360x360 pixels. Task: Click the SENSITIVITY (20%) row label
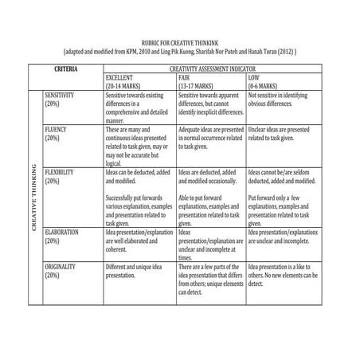pyautogui.click(x=63, y=99)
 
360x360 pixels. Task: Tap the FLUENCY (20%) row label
pyautogui.click(x=57, y=132)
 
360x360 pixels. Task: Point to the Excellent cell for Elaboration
pyautogui.click(x=138, y=238)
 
